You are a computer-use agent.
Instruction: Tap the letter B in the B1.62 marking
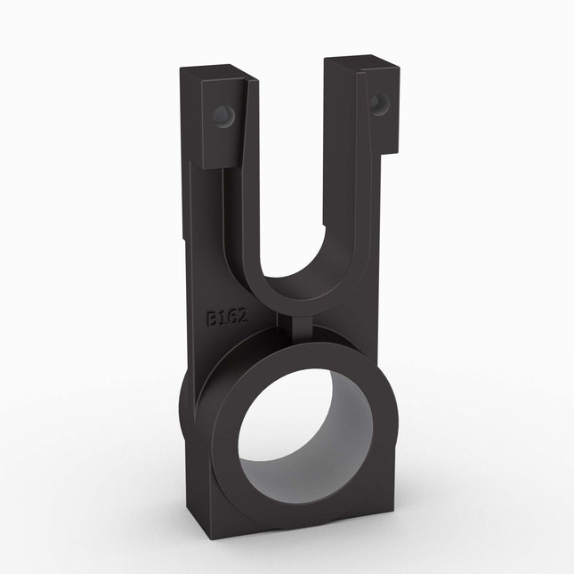click(x=214, y=317)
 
